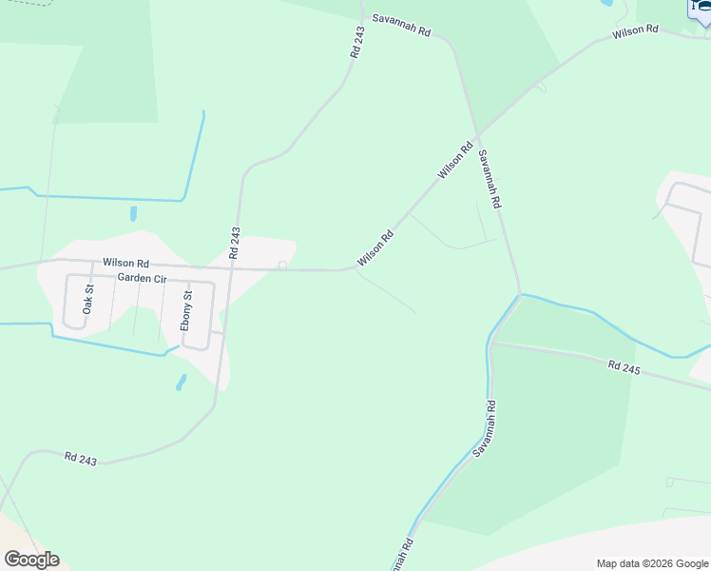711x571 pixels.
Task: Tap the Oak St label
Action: [x=88, y=300]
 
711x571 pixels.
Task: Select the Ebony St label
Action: [x=187, y=311]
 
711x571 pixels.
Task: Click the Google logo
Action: [x=31, y=560]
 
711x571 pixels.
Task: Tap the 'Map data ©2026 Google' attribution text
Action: [x=652, y=563]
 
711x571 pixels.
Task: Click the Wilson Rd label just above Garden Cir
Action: [x=125, y=263]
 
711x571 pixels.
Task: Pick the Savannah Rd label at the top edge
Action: [x=401, y=26]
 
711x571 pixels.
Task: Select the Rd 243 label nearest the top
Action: [x=357, y=43]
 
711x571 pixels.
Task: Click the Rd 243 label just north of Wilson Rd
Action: [x=235, y=243]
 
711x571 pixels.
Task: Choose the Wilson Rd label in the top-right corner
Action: [x=635, y=31]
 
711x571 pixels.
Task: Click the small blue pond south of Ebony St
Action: [x=181, y=383]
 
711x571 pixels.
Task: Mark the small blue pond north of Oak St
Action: [x=133, y=214]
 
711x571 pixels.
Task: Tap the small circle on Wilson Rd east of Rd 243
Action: [x=282, y=265]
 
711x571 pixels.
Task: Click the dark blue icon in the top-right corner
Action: [x=700, y=8]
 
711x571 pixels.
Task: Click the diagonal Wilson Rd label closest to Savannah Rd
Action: [x=455, y=162]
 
